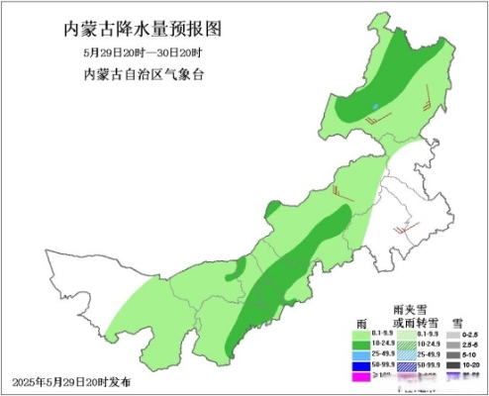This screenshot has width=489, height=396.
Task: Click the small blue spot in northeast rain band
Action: (376, 106)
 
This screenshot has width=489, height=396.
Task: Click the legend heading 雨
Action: (361, 323)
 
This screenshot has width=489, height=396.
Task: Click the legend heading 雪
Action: (458, 323)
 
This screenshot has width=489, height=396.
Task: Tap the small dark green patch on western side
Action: (239, 269)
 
